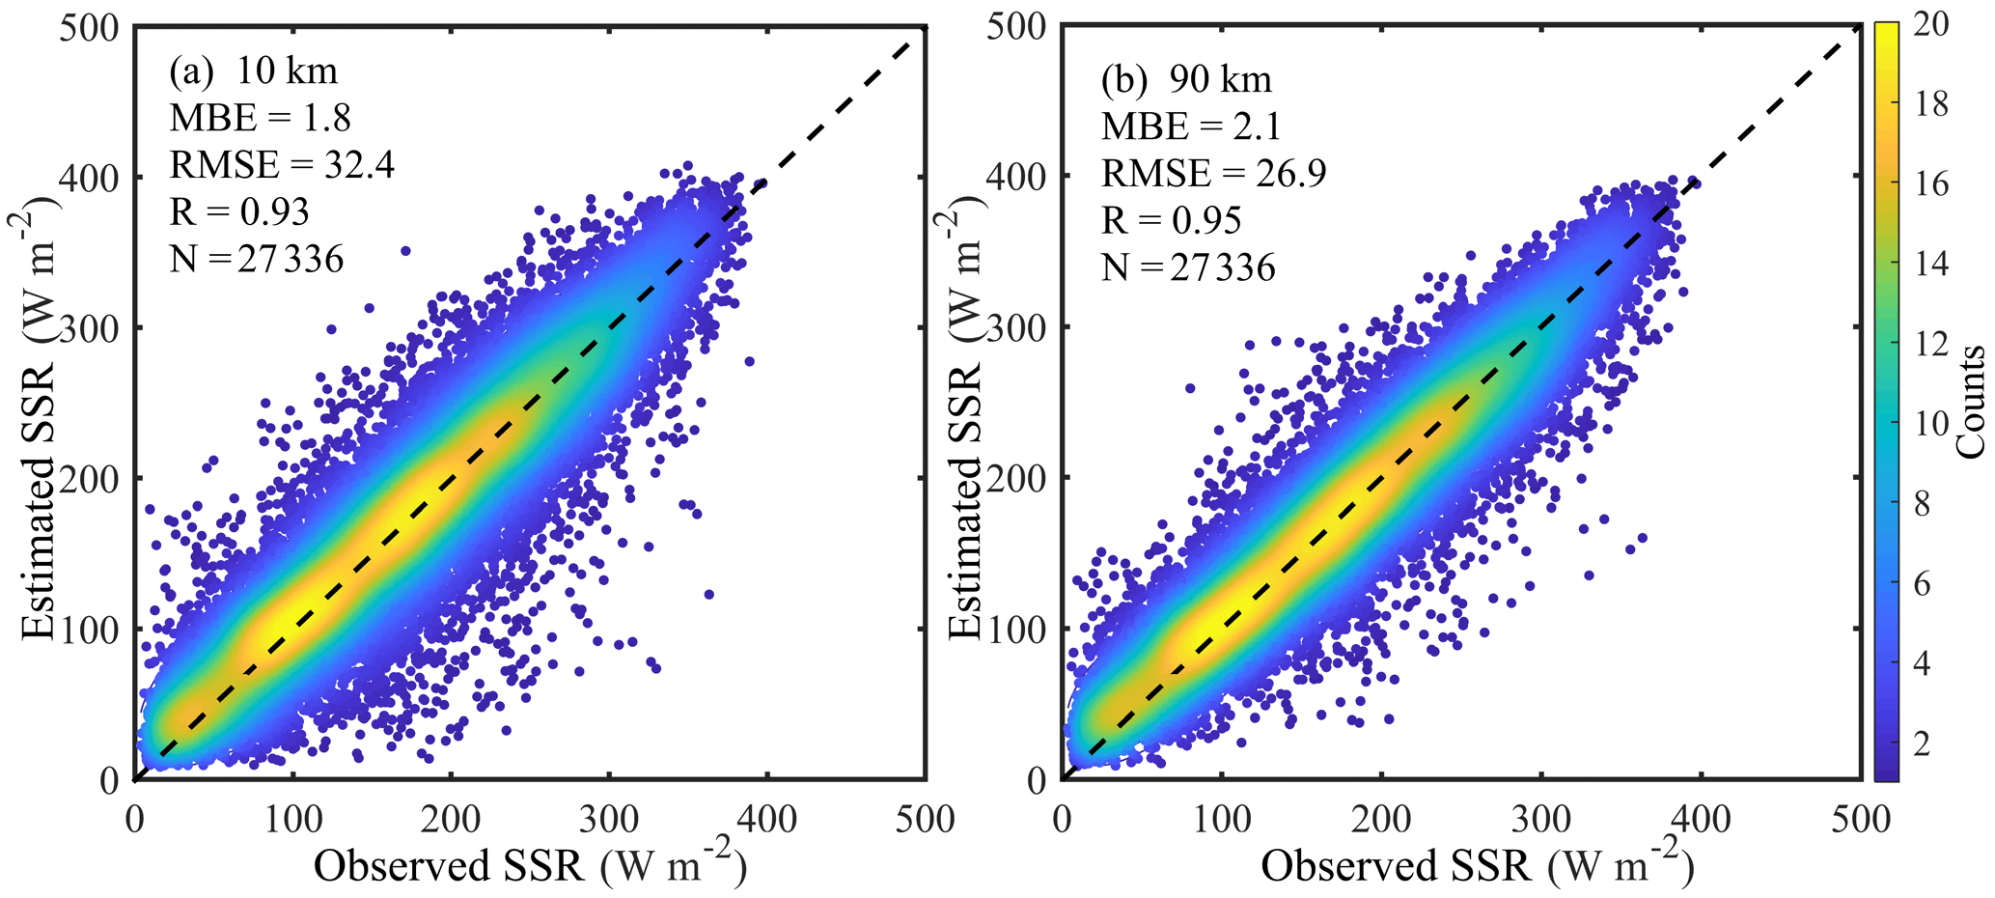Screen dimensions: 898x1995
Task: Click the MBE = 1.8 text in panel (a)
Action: [260, 118]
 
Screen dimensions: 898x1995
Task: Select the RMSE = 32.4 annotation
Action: [282, 165]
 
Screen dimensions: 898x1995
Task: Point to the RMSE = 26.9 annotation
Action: [1214, 174]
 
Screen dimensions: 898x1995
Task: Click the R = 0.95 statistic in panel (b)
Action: [1172, 221]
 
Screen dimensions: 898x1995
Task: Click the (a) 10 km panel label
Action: [253, 71]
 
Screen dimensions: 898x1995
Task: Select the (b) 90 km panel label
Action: [1186, 79]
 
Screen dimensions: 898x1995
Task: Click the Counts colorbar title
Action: [1970, 401]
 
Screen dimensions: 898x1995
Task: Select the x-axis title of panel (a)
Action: [530, 866]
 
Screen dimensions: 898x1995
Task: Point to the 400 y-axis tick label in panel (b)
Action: [1022, 177]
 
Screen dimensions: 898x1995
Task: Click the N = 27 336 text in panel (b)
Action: [1188, 267]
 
